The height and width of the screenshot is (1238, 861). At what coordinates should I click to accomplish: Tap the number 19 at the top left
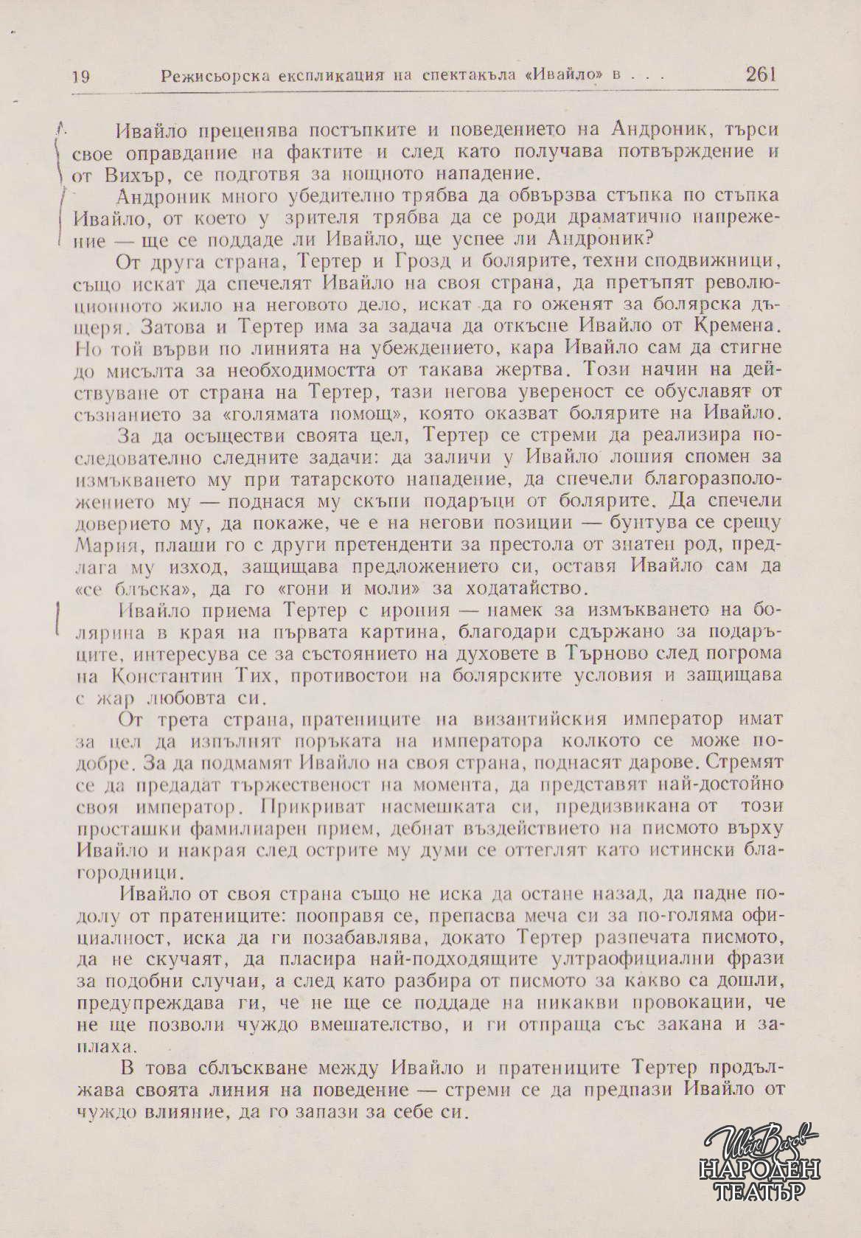[81, 77]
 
